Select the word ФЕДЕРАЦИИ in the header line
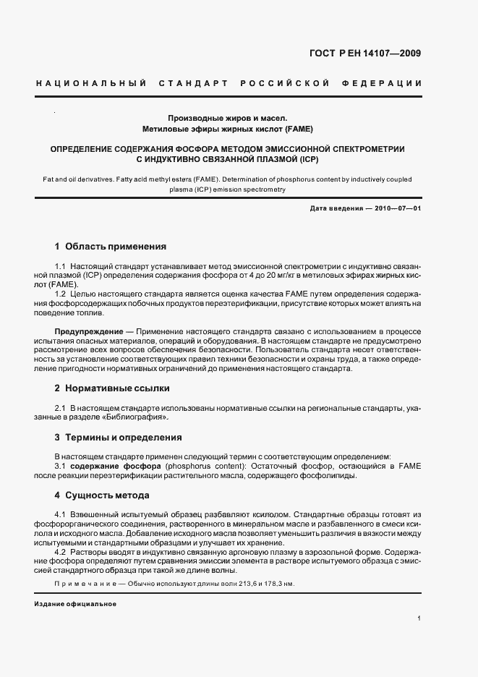tap(388, 84)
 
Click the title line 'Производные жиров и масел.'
tap(228, 117)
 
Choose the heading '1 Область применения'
tap(111, 247)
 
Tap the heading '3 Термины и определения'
tap(119, 438)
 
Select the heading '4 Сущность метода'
tap(102, 495)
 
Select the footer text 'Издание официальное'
tap(75, 604)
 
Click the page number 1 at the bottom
tap(419, 618)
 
